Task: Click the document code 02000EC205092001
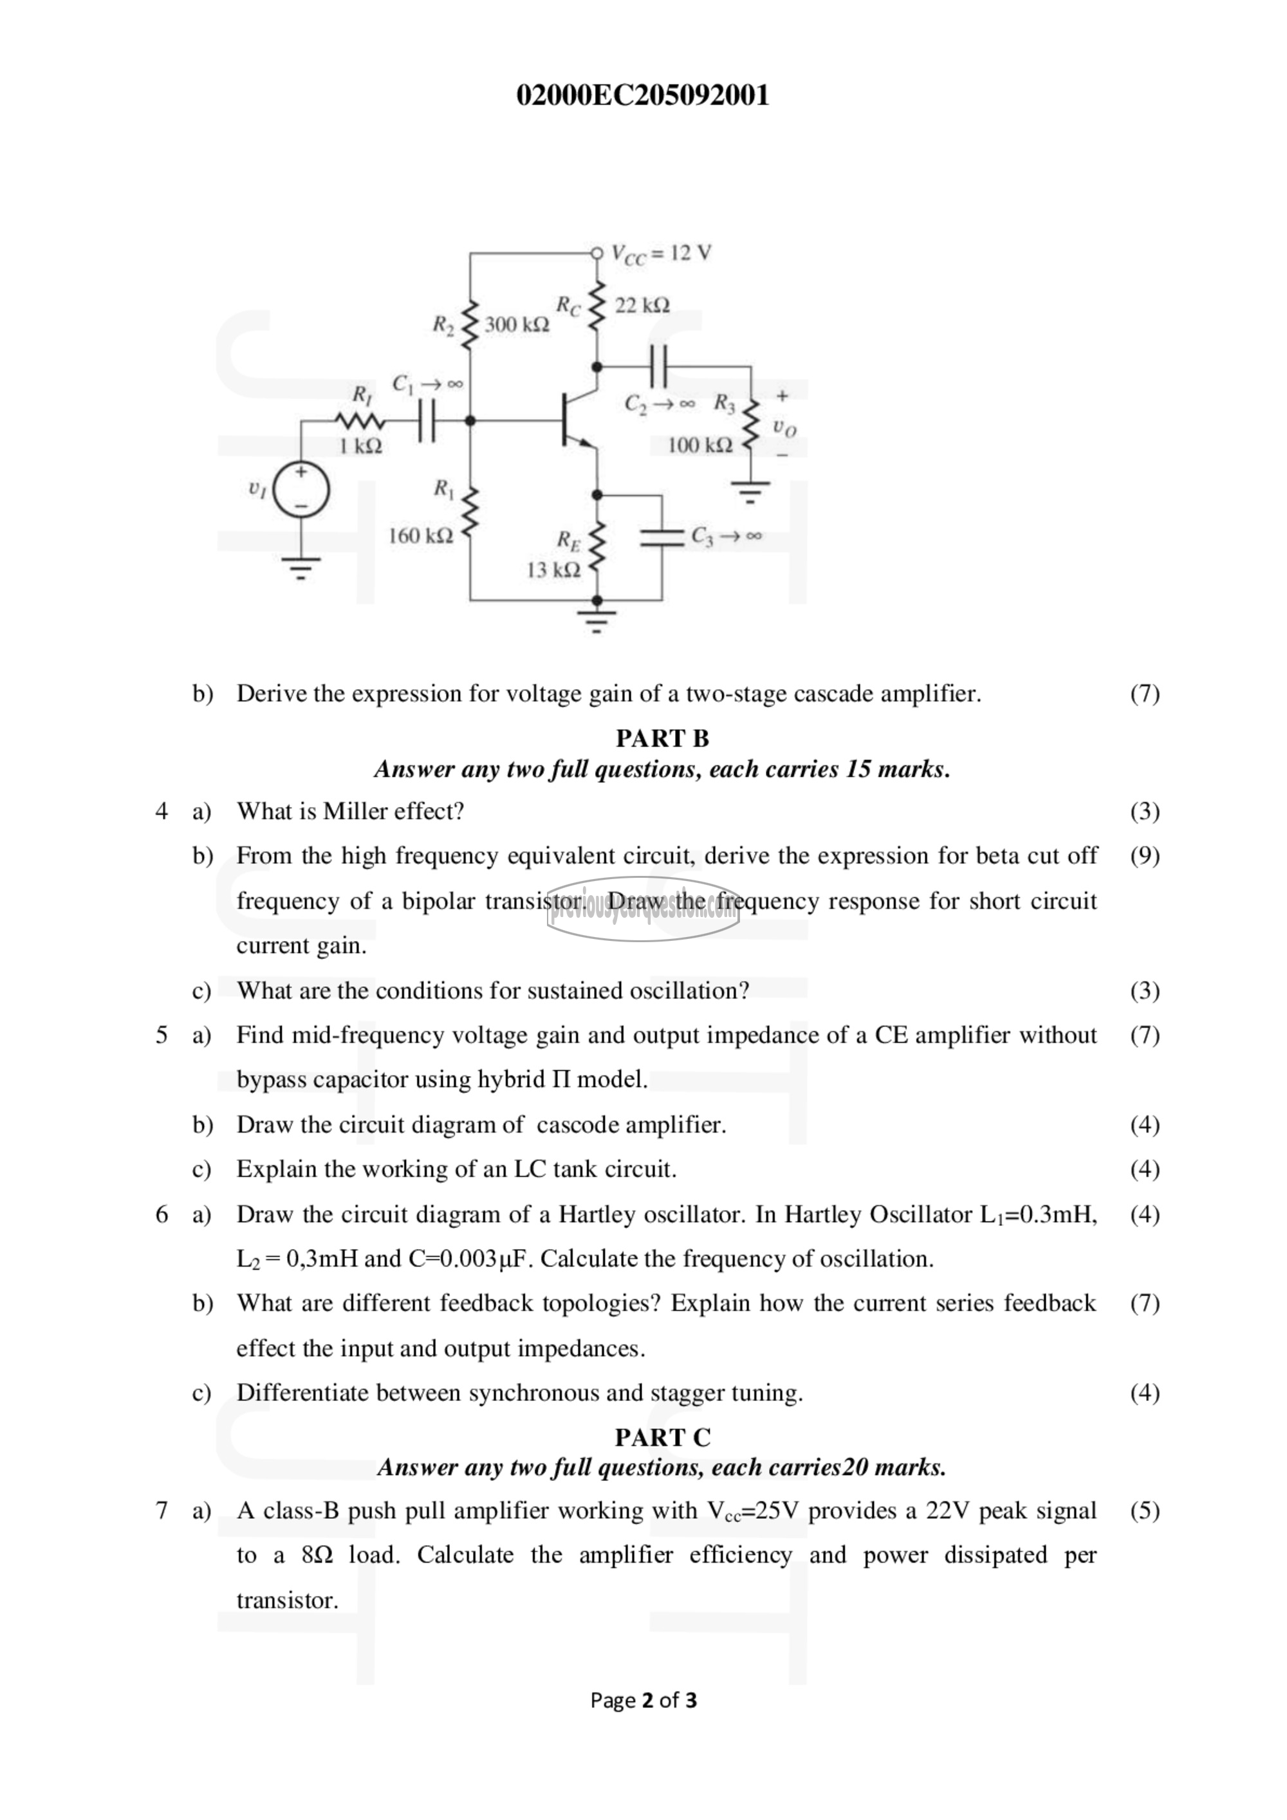643,95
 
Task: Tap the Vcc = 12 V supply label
661,254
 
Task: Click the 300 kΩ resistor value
517,325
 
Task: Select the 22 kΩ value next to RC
642,305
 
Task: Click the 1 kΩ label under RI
360,446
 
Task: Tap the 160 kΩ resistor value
420,536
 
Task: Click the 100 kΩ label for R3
699,445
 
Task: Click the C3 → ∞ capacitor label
726,537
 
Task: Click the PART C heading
663,1437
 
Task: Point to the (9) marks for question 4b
1144,855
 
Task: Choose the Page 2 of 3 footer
643,1700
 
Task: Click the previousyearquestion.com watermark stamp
643,909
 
